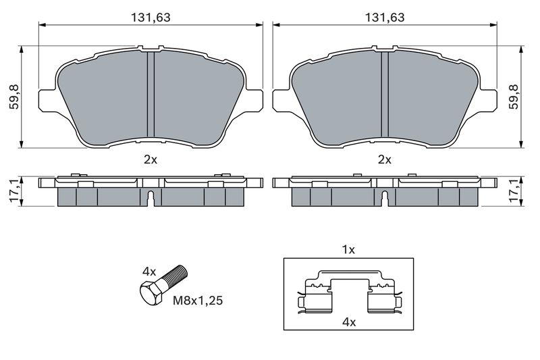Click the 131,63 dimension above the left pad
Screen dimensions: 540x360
[x=151, y=18]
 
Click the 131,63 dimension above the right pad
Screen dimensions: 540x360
[x=385, y=18]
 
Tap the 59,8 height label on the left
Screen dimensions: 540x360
[x=15, y=97]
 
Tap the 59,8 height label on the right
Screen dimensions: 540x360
[x=514, y=97]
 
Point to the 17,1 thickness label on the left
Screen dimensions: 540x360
[x=15, y=192]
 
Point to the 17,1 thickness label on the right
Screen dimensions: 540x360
[x=514, y=192]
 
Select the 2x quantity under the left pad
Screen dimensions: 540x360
[x=151, y=159]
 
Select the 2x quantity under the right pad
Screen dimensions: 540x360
[x=385, y=159]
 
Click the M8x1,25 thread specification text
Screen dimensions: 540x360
[x=198, y=301]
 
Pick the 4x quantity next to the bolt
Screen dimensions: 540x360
[x=149, y=272]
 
